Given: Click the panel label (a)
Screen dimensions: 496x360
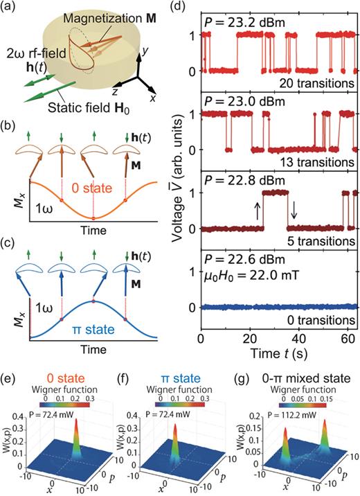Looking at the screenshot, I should coord(10,9).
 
